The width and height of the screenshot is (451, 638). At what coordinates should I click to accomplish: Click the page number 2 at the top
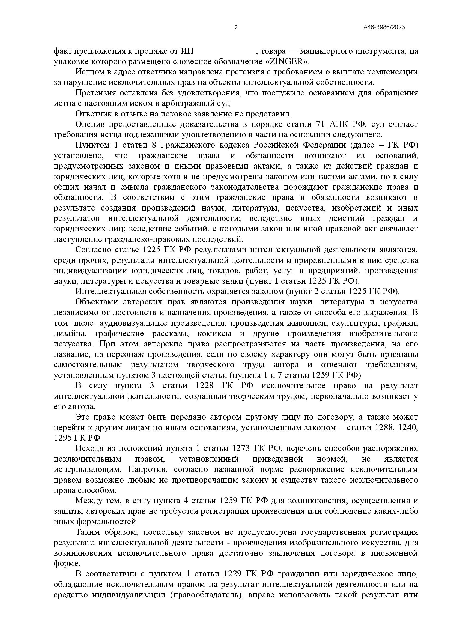click(x=236, y=28)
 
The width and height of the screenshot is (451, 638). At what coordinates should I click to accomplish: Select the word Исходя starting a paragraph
click(x=89, y=448)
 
